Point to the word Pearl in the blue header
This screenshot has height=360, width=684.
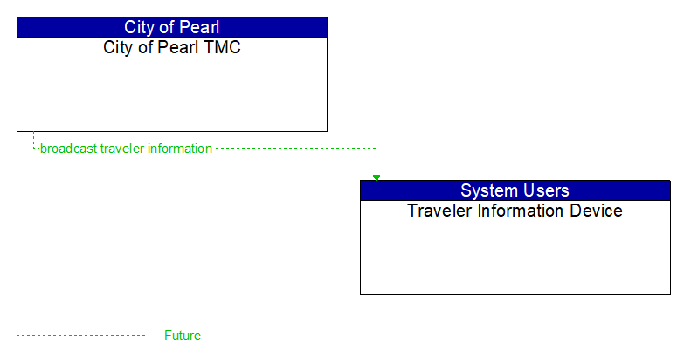197,27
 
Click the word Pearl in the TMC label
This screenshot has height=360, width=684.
180,47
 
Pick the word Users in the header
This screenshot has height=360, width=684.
546,190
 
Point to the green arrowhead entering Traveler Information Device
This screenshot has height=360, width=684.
377,177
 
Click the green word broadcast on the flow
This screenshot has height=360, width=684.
68,149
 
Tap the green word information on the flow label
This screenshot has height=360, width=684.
179,149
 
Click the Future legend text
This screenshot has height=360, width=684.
183,336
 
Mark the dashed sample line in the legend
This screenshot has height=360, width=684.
80,336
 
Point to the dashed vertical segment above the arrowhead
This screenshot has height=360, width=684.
377,162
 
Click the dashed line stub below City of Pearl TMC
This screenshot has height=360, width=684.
33,140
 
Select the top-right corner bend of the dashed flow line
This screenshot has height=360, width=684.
377,149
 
